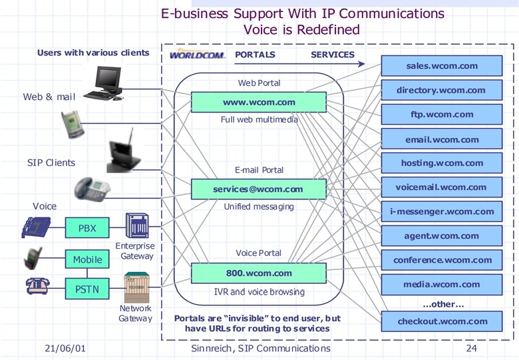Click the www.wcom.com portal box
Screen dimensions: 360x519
tap(259, 103)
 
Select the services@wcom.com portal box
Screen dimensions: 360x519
tap(259, 189)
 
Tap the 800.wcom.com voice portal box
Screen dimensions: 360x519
tap(259, 273)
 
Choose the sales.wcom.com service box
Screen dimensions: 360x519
tap(441, 67)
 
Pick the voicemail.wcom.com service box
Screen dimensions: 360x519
tap(441, 188)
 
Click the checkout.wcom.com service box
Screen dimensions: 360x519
tap(441, 321)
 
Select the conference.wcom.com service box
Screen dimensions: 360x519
tap(441, 260)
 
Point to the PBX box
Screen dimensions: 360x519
tap(87, 228)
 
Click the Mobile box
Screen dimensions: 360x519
tap(87, 259)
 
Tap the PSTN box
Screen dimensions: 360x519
tap(87, 289)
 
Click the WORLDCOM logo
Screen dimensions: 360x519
tap(198, 55)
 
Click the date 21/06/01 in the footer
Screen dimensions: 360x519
tap(65, 349)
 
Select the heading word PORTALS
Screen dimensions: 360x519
tap(255, 55)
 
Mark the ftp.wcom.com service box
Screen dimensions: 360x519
tap(441, 115)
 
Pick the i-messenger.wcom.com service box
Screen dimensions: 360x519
tap(441, 212)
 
